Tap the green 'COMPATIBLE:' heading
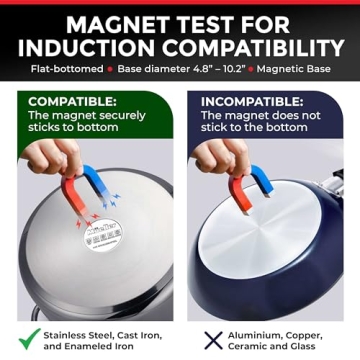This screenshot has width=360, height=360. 74,102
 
